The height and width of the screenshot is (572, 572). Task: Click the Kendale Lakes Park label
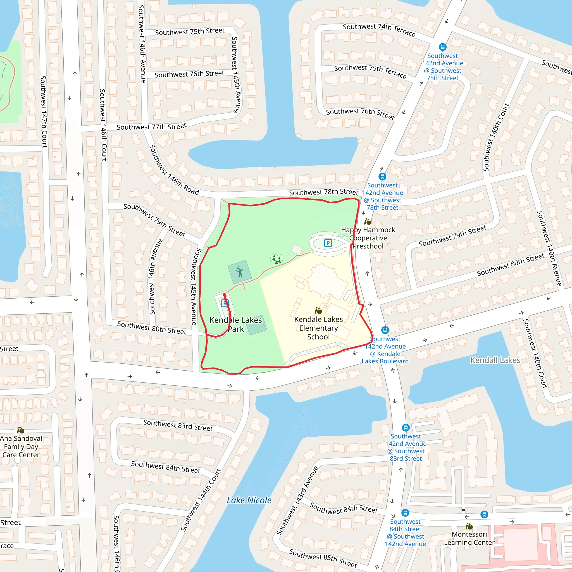(x=236, y=325)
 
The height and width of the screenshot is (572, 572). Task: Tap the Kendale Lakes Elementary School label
(x=318, y=328)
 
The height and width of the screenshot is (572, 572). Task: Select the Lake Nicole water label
(x=249, y=500)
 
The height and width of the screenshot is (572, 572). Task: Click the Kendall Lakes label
(x=495, y=360)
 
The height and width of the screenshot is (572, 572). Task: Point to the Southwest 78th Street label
(x=324, y=192)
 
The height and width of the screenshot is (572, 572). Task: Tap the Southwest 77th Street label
(x=151, y=127)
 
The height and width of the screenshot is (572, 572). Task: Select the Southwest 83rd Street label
(x=178, y=425)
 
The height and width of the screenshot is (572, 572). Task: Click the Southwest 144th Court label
(x=201, y=500)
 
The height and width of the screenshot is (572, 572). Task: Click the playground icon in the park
(x=277, y=259)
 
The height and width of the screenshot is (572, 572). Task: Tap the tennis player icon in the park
(x=240, y=272)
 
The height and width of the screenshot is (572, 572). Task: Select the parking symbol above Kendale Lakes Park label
(x=225, y=303)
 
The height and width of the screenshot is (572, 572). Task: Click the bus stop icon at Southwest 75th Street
(x=442, y=47)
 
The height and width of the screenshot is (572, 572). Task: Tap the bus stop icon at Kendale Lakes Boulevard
(x=385, y=330)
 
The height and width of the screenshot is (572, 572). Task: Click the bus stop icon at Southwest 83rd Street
(x=406, y=428)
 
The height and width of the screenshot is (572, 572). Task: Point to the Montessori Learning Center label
(x=469, y=538)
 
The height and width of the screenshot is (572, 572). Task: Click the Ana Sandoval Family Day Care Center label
(x=21, y=447)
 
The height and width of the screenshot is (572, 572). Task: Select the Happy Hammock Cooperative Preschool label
(x=368, y=238)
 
